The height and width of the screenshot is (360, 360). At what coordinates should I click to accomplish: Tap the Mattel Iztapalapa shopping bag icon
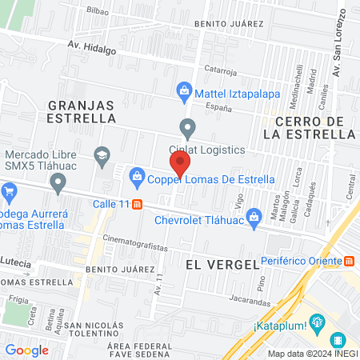pos(185,90)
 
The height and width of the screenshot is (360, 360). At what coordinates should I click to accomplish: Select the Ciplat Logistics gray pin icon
pos(188,127)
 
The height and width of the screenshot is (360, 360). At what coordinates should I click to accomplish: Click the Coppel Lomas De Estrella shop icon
pos(137,174)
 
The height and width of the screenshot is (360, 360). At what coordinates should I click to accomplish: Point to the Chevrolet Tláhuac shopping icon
pos(254,214)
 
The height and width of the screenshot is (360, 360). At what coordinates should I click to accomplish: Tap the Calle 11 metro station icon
pos(138,204)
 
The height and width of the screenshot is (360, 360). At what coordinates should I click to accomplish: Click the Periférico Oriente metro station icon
pos(350,261)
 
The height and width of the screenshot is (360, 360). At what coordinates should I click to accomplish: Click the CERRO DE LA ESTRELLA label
pos(308,127)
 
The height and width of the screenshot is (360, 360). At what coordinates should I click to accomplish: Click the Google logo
pos(26,350)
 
